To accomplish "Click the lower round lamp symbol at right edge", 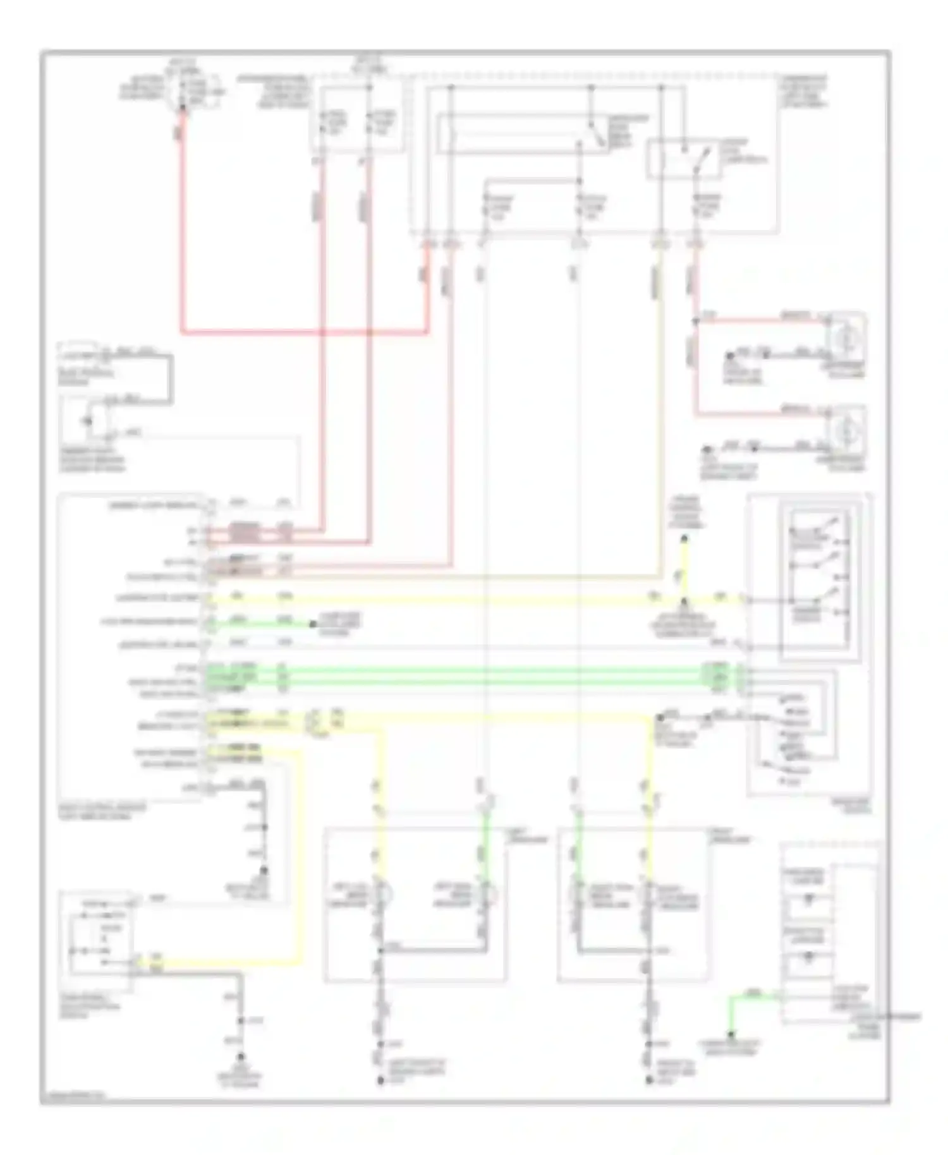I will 844,431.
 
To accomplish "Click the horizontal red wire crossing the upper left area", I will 303,330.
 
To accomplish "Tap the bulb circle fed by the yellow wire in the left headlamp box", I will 382,893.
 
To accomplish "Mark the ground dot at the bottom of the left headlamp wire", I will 381,1081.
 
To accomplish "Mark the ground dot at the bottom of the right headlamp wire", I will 649,1081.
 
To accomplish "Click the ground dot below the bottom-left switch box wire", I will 241,1056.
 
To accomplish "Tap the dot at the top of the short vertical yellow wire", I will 684,540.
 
